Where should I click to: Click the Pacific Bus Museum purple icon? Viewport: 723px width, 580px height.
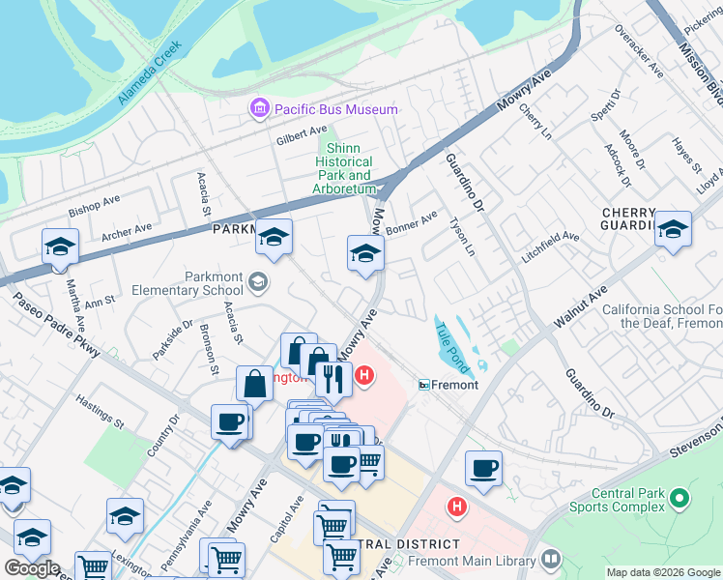tap(259, 109)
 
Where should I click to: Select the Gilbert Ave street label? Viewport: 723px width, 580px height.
tap(302, 139)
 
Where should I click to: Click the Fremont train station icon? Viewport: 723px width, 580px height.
tap(424, 385)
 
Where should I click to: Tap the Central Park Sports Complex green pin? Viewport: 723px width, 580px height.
tap(680, 499)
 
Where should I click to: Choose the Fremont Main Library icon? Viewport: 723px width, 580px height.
tap(551, 560)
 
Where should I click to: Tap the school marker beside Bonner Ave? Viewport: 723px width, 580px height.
tap(365, 254)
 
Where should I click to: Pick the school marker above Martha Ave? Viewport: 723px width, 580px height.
tap(60, 246)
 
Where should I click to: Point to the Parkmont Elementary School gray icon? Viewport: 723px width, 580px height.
tap(257, 282)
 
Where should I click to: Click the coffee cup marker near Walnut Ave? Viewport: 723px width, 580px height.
tap(483, 469)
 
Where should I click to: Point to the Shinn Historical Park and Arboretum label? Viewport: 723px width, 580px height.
tap(344, 169)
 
